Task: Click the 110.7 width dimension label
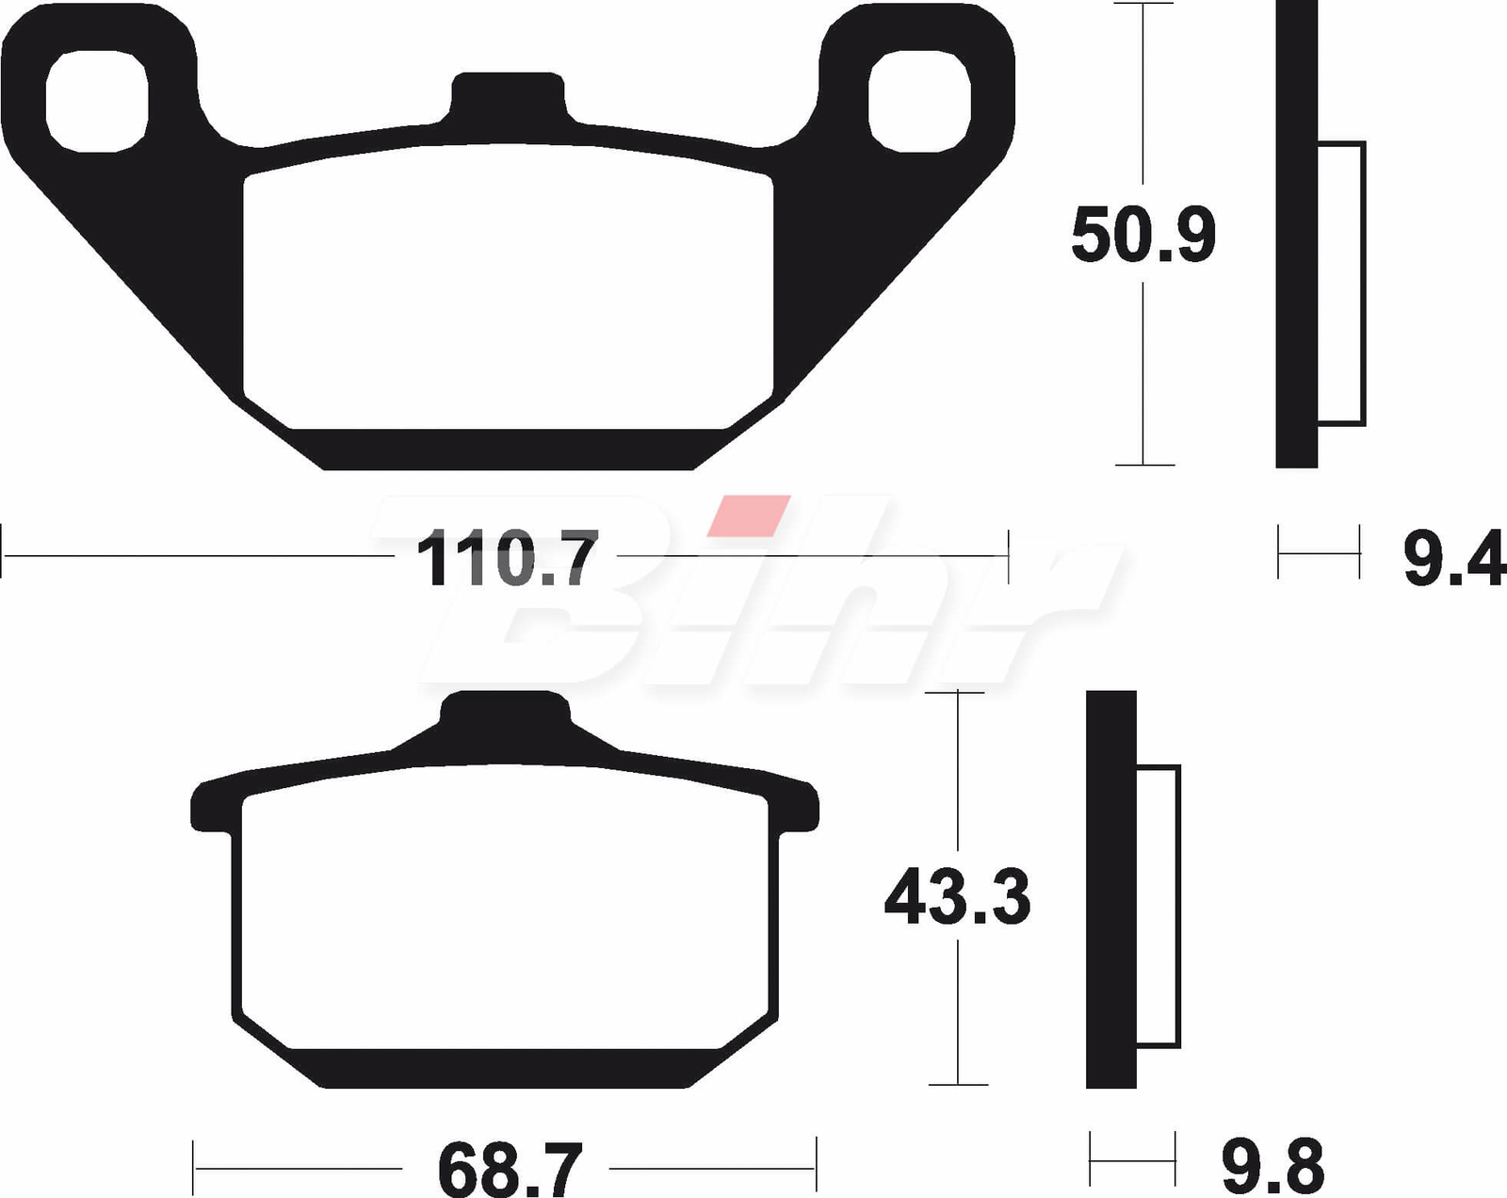click(507, 558)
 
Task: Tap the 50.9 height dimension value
click(1142, 235)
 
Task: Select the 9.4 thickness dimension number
click(1454, 558)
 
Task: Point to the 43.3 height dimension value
click(957, 895)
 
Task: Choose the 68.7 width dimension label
click(510, 1170)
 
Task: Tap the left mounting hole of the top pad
click(97, 101)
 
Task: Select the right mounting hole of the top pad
click(919, 101)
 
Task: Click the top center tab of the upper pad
click(508, 97)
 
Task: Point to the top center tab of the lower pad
click(505, 718)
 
